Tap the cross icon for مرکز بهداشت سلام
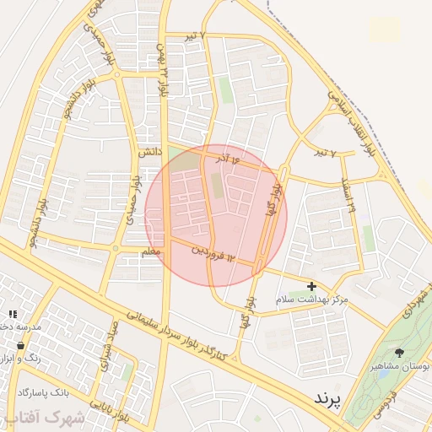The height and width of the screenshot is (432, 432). point(312,287)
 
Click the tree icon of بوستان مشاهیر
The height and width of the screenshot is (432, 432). point(399,353)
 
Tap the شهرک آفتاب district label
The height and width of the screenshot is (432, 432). point(51,417)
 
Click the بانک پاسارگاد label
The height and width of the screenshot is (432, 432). point(42,392)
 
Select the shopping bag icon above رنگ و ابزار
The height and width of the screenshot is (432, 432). point(20,345)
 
